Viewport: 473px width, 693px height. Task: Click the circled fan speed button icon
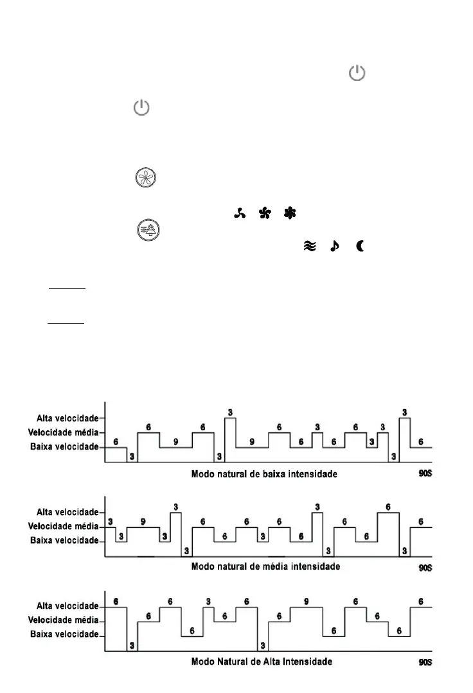tap(147, 179)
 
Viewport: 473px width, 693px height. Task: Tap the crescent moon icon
tap(359, 245)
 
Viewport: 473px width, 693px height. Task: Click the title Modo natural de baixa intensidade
tap(264, 475)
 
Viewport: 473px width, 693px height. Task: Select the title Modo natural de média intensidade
tap(265, 566)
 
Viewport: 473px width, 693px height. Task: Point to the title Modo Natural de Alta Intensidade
tap(262, 661)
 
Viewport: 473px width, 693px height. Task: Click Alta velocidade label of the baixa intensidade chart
tap(67, 418)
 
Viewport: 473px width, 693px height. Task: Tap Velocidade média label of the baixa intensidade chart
tap(66, 432)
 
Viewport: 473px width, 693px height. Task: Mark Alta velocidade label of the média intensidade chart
tap(67, 512)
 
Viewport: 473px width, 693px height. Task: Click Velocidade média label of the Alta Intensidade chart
tap(66, 620)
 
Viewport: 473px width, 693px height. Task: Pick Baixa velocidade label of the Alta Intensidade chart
tap(66, 635)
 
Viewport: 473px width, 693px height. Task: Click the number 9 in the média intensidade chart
tap(143, 522)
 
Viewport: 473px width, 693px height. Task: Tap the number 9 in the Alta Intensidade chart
tap(306, 601)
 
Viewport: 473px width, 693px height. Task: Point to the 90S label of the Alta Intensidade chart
tap(424, 662)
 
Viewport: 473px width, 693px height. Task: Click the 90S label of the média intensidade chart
tap(424, 568)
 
